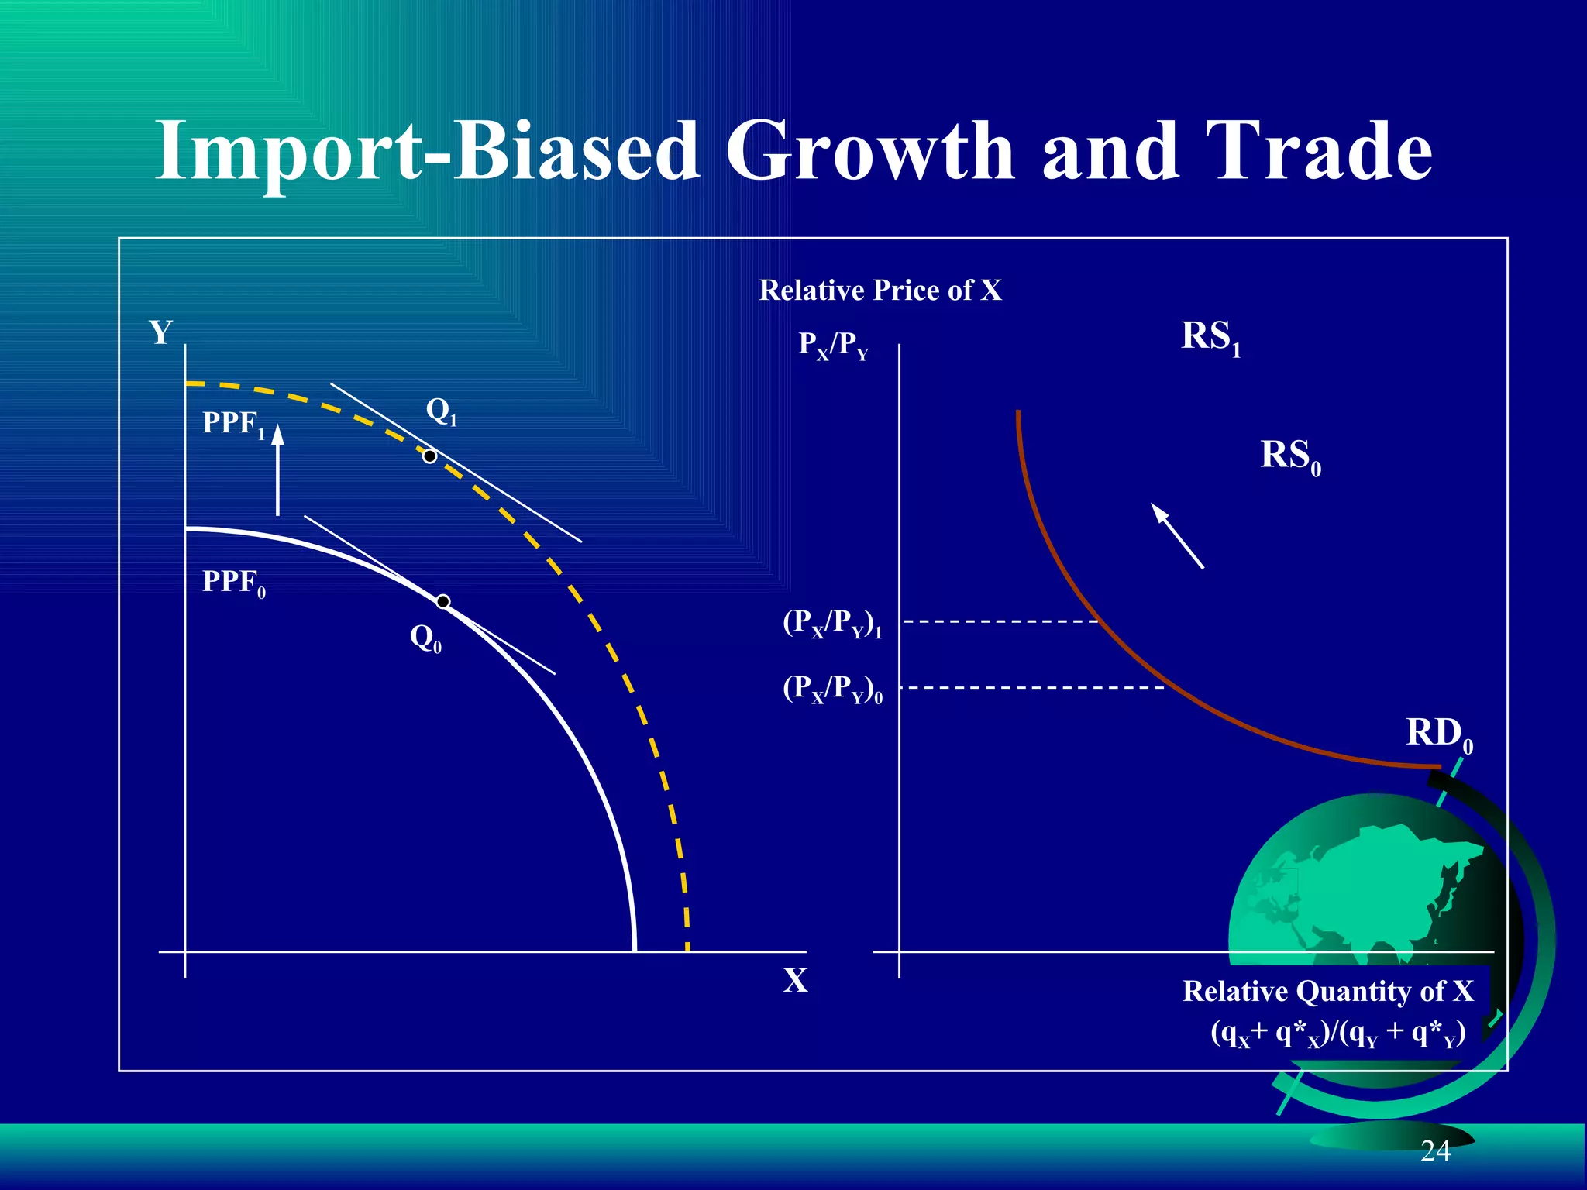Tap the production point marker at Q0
[442, 602]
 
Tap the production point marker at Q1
[429, 456]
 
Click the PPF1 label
[233, 424]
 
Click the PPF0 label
[233, 583]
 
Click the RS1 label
[1210, 338]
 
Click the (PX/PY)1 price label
[831, 623]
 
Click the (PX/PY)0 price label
[831, 689]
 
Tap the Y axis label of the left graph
[160, 332]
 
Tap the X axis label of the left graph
[795, 981]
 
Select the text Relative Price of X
[880, 291]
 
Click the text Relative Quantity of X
[1327, 991]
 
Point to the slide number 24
[1435, 1151]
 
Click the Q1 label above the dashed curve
[441, 411]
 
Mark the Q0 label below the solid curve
[425, 639]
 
